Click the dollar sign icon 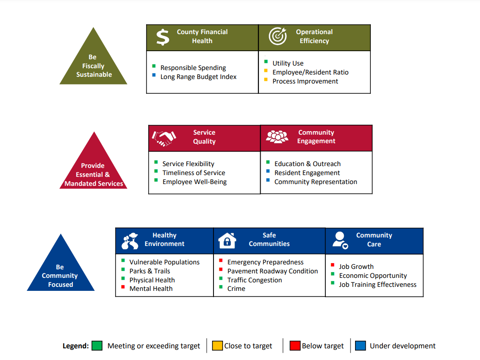[x=163, y=37]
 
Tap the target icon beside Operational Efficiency [x=278, y=36]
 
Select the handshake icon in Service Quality [x=164, y=139]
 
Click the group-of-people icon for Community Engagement [x=277, y=137]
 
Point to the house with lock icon [x=227, y=241]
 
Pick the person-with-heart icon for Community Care [x=340, y=241]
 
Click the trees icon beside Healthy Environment [x=130, y=241]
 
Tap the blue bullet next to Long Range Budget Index [x=154, y=75]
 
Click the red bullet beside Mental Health [x=123, y=287]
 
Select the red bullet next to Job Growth [x=333, y=265]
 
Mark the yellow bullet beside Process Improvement [x=266, y=79]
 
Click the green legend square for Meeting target [x=97, y=346]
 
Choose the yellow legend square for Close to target [x=218, y=346]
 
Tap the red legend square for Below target [x=295, y=346]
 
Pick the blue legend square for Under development [x=360, y=346]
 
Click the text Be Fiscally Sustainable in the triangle [x=93, y=66]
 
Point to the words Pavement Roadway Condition [x=272, y=271]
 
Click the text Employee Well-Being [x=195, y=182]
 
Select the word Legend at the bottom [x=76, y=346]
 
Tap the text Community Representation [x=316, y=182]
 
